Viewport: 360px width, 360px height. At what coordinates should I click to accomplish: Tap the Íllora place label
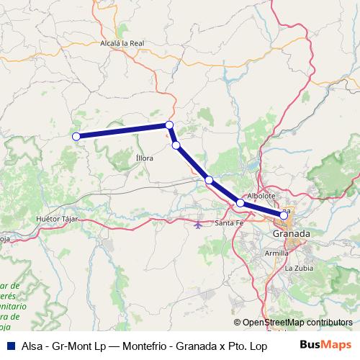(144, 158)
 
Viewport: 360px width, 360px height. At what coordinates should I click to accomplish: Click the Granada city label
(292, 235)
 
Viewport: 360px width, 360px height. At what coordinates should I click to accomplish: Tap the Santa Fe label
(230, 224)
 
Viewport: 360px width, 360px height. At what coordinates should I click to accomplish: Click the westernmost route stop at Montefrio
(76, 135)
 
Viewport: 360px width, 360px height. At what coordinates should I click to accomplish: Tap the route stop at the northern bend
(169, 125)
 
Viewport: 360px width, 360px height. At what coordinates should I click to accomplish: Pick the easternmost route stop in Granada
(284, 215)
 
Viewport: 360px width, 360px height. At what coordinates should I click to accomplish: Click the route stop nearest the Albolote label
(240, 204)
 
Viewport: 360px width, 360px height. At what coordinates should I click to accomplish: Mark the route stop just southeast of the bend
(176, 145)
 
